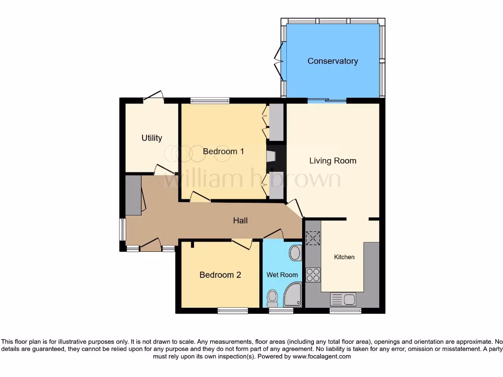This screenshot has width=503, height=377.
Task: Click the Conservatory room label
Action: coord(333,61)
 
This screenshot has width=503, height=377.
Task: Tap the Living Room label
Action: coord(333,161)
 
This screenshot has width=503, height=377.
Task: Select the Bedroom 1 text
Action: coord(223,151)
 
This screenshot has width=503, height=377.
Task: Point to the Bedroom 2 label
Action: coord(220,275)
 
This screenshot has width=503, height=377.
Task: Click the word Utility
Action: coord(152,138)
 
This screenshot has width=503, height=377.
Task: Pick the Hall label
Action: coord(240,220)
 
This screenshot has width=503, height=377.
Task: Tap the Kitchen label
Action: coord(344,257)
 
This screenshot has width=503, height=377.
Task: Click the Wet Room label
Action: coord(282,275)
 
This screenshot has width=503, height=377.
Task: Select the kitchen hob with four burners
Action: coord(313,275)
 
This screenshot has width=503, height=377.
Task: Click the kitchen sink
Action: coord(343,299)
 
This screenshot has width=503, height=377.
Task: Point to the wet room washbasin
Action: coord(296,253)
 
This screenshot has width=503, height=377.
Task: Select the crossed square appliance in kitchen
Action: coord(313,238)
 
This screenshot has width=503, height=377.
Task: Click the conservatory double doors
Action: coord(281,61)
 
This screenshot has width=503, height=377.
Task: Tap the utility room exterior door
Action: coord(154,96)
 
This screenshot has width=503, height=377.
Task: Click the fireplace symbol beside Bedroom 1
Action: coord(271,156)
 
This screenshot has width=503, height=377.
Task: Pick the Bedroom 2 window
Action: coord(233,310)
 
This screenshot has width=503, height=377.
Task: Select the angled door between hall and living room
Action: coord(295,209)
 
